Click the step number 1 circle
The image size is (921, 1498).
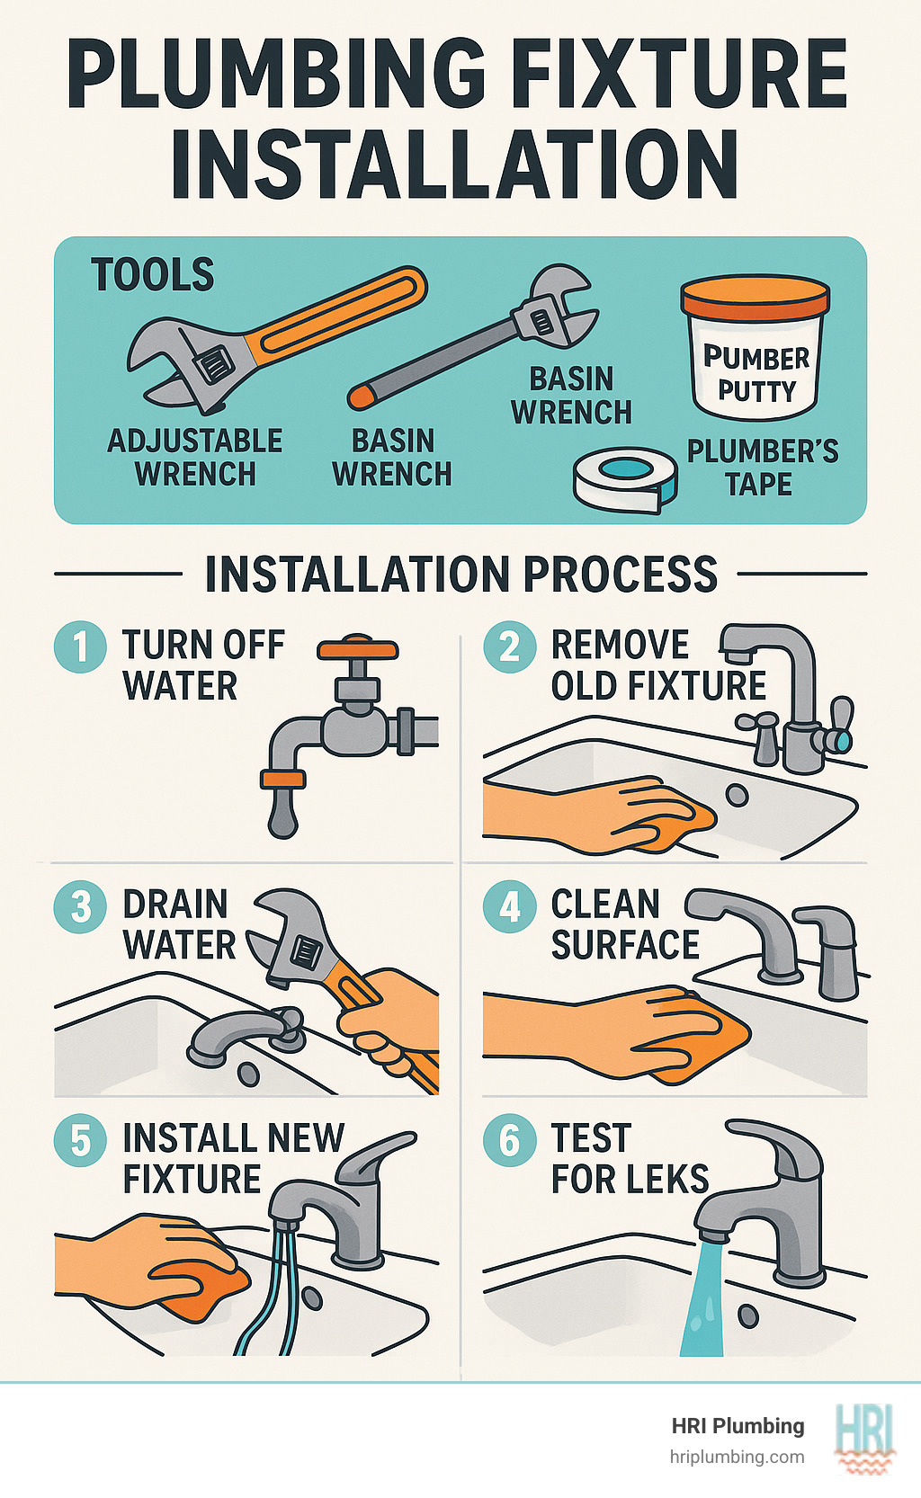point(81,646)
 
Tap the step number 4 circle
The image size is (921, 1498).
point(510,906)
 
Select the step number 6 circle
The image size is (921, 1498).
point(510,1139)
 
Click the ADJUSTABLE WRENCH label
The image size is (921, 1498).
point(195,457)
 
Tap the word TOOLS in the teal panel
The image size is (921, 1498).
point(153,274)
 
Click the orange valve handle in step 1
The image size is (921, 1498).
point(357,648)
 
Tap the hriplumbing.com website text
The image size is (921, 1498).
point(737,1457)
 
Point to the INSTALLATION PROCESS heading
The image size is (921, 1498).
point(460,574)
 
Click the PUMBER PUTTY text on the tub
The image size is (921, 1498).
point(756,374)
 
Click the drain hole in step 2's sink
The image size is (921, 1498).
point(737,795)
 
